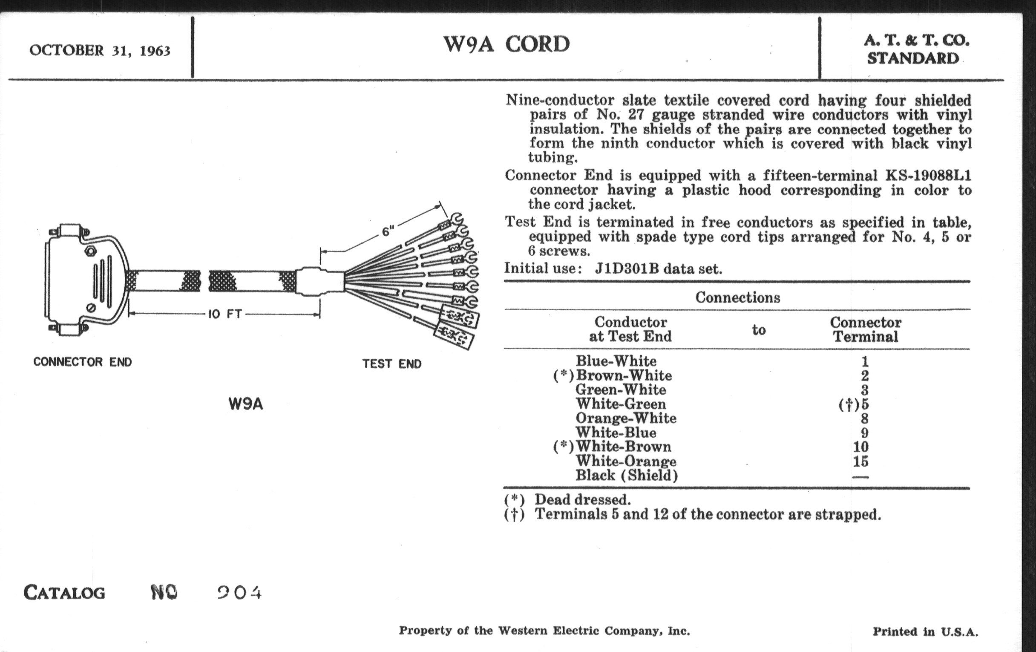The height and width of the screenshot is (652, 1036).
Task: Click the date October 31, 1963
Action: (x=100, y=51)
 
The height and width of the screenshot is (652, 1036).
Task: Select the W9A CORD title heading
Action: (x=506, y=44)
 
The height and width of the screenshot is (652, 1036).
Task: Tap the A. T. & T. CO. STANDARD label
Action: (x=916, y=49)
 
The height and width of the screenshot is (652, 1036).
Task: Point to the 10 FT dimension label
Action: (x=225, y=314)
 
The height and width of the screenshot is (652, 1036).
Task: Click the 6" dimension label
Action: (x=388, y=231)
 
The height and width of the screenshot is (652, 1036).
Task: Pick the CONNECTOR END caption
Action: (x=83, y=362)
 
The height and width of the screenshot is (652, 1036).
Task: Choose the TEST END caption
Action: (x=392, y=364)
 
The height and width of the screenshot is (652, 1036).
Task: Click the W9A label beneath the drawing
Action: (x=246, y=404)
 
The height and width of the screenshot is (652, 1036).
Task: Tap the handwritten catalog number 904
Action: (x=239, y=593)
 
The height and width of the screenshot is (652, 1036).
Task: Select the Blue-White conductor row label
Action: (x=616, y=361)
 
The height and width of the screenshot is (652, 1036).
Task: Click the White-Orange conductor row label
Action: (x=626, y=461)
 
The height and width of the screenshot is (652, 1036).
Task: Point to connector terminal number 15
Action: (x=860, y=462)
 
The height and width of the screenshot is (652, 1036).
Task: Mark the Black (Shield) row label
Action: (x=627, y=476)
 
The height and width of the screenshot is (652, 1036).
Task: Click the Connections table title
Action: (x=737, y=297)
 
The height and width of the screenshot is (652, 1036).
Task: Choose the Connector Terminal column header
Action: (x=865, y=329)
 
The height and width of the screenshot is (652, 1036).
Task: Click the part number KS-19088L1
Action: (x=928, y=176)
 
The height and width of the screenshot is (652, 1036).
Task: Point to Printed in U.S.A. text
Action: (x=925, y=632)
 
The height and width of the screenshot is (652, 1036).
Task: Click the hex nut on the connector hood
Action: (x=90, y=251)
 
